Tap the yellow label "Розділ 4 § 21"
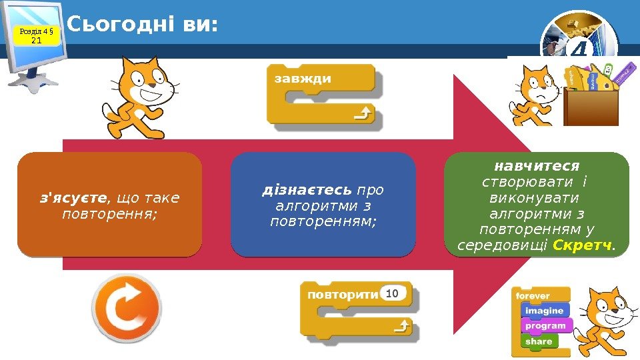37,35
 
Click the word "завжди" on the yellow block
302,79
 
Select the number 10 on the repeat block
392,293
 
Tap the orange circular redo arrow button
126,309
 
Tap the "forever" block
533,295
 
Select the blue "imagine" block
543,311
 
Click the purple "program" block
545,326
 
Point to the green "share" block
538,341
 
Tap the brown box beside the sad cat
591,107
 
